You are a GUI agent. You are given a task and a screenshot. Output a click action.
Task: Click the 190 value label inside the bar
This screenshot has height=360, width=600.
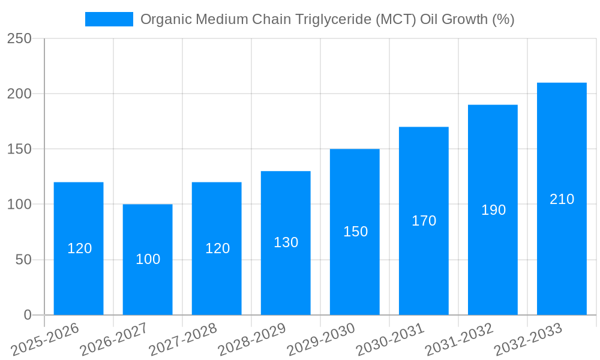pyautogui.click(x=493, y=210)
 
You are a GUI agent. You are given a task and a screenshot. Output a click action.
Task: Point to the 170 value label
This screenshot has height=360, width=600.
pyautogui.click(x=424, y=221)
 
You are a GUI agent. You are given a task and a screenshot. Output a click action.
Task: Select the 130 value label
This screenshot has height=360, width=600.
pyautogui.click(x=286, y=242)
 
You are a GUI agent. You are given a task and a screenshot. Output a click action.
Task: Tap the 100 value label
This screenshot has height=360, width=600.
pyautogui.click(x=148, y=259)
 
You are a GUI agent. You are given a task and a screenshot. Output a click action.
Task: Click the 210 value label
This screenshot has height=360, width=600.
pyautogui.click(x=562, y=199)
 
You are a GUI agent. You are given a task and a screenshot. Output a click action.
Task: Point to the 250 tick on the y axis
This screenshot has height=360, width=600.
pyautogui.click(x=19, y=38)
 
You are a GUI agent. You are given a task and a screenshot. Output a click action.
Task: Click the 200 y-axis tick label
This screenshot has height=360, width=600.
pyautogui.click(x=19, y=94)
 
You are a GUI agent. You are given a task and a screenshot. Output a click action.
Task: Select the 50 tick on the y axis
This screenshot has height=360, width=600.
pyautogui.click(x=23, y=260)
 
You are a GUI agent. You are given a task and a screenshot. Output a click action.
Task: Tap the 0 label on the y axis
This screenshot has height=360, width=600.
pyautogui.click(x=28, y=315)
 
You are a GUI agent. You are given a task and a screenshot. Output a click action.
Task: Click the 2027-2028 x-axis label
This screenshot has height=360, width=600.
pyautogui.click(x=183, y=340)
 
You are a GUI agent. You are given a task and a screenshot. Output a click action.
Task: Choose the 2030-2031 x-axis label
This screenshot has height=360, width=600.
pyautogui.click(x=390, y=340)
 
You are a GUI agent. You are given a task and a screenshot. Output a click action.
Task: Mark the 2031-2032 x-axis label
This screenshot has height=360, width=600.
pyautogui.click(x=459, y=340)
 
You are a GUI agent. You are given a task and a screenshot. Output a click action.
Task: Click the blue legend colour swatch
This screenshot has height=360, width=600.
pyautogui.click(x=109, y=19)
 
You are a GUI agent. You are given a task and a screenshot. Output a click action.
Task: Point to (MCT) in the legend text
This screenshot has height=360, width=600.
pyautogui.click(x=395, y=19)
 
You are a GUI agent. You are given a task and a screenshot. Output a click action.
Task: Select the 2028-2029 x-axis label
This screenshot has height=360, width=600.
pyautogui.click(x=252, y=340)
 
